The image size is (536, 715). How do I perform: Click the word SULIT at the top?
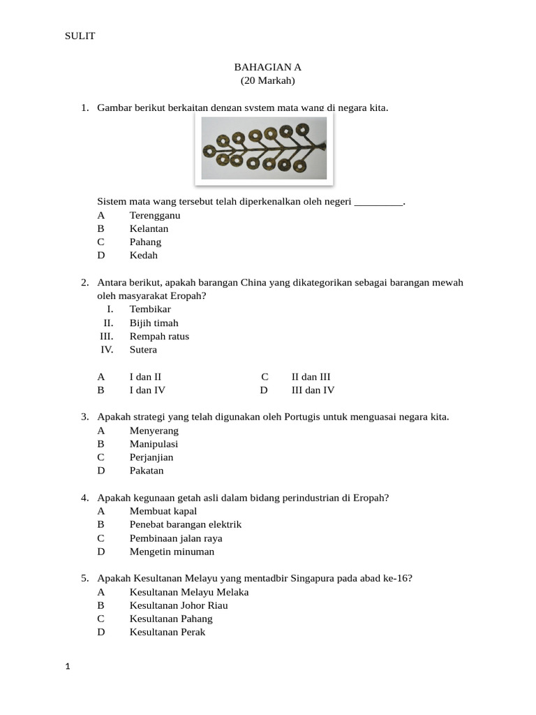pyautogui.click(x=80, y=36)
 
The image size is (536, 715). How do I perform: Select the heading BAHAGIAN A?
pyautogui.click(x=267, y=67)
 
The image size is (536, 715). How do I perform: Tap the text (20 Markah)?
pyautogui.click(x=267, y=81)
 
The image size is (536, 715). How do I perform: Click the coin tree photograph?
pyautogui.click(x=264, y=149)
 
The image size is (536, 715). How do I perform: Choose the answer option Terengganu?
pyautogui.click(x=154, y=215)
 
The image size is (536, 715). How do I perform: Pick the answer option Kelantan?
pyautogui.click(x=149, y=228)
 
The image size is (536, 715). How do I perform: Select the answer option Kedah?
pyautogui.click(x=144, y=255)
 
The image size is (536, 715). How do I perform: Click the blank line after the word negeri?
pyautogui.click(x=379, y=202)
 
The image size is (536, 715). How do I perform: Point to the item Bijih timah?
pyautogui.click(x=154, y=323)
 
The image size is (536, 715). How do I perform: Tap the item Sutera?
pyautogui.click(x=143, y=349)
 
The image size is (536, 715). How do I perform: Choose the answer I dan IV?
pyautogui.click(x=147, y=390)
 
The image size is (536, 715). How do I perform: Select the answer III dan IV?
pyautogui.click(x=313, y=390)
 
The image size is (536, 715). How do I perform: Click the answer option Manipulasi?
pyautogui.click(x=154, y=443)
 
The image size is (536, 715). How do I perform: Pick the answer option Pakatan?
pyautogui.click(x=147, y=470)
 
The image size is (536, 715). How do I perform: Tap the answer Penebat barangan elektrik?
pyautogui.click(x=185, y=524)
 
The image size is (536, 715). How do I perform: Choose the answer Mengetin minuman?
pyautogui.click(x=172, y=551)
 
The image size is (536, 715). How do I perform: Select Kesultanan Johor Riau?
pyautogui.click(x=179, y=605)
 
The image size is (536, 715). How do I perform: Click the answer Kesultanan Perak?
pyautogui.click(x=167, y=632)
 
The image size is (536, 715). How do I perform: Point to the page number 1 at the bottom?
pyautogui.click(x=68, y=667)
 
